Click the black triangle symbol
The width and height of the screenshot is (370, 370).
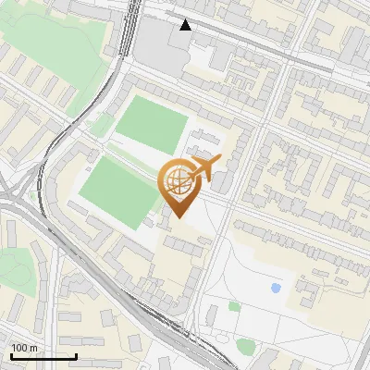tap(186, 25)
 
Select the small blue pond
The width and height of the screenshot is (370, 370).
tap(276, 288)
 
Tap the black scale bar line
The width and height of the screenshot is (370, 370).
tap(43, 356)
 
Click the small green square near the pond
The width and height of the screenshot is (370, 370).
tap(234, 305)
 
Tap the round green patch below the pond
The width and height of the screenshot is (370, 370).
tap(245, 346)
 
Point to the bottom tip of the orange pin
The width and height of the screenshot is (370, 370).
tap(177, 217)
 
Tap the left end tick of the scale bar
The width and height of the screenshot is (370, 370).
tap(11, 355)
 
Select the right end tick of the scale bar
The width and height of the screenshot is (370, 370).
tap(76, 355)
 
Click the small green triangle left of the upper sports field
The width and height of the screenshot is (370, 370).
tap(101, 125)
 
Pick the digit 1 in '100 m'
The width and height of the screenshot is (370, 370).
tap(14, 348)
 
